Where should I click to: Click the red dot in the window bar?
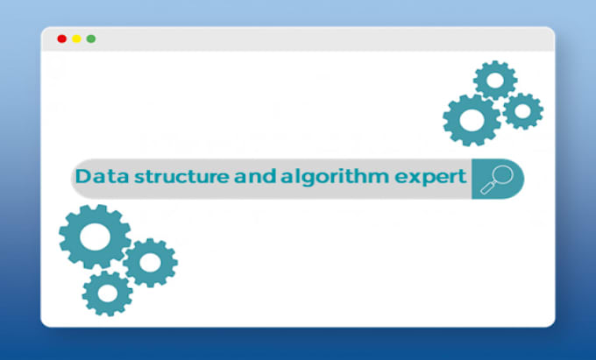[61, 39]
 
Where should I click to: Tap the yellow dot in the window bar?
[76, 39]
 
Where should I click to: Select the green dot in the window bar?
[91, 39]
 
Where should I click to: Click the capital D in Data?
[82, 177]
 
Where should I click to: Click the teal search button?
[497, 179]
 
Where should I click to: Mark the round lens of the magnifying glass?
[500, 175]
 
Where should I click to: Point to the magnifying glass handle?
[487, 188]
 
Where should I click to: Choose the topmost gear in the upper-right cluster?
[495, 81]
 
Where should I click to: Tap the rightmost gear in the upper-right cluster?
[523, 110]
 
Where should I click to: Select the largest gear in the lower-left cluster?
[95, 236]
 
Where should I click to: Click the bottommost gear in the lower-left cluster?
[108, 293]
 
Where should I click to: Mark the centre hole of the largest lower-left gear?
[95, 236]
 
